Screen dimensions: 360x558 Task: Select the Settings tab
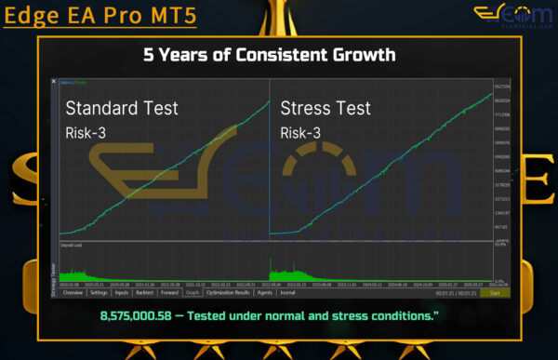[x=98, y=292]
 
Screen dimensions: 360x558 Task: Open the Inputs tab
[x=122, y=292]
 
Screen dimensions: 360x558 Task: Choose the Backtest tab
[x=145, y=292]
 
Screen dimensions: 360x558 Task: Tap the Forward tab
[x=169, y=292]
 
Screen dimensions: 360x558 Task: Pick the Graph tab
[x=192, y=292]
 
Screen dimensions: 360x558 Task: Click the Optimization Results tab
[x=229, y=292]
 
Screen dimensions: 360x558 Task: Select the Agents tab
[x=264, y=292]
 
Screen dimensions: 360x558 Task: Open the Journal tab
[x=287, y=292]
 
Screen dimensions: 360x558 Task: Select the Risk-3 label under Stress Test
[x=301, y=132]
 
